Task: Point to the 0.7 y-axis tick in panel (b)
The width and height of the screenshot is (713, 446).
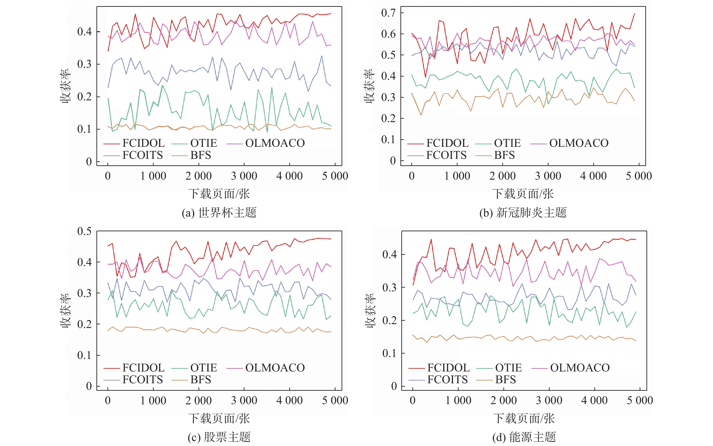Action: pos(388,13)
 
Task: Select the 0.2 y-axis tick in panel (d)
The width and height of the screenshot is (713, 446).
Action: pos(389,320)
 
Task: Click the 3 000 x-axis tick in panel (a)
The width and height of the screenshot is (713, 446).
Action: pos(244,176)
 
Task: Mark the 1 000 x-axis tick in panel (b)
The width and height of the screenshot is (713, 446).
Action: pos(457,176)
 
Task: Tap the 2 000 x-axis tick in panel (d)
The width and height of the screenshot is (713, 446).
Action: pos(503,400)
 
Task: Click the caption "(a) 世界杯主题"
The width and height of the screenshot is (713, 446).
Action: pos(219,213)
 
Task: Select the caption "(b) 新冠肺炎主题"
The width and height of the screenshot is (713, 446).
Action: pos(523,213)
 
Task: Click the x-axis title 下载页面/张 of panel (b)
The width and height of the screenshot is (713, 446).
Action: pos(523,194)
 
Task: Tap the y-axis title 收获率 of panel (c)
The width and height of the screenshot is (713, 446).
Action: pos(65,310)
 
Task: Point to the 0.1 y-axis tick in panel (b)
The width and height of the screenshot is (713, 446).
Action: pos(388,139)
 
